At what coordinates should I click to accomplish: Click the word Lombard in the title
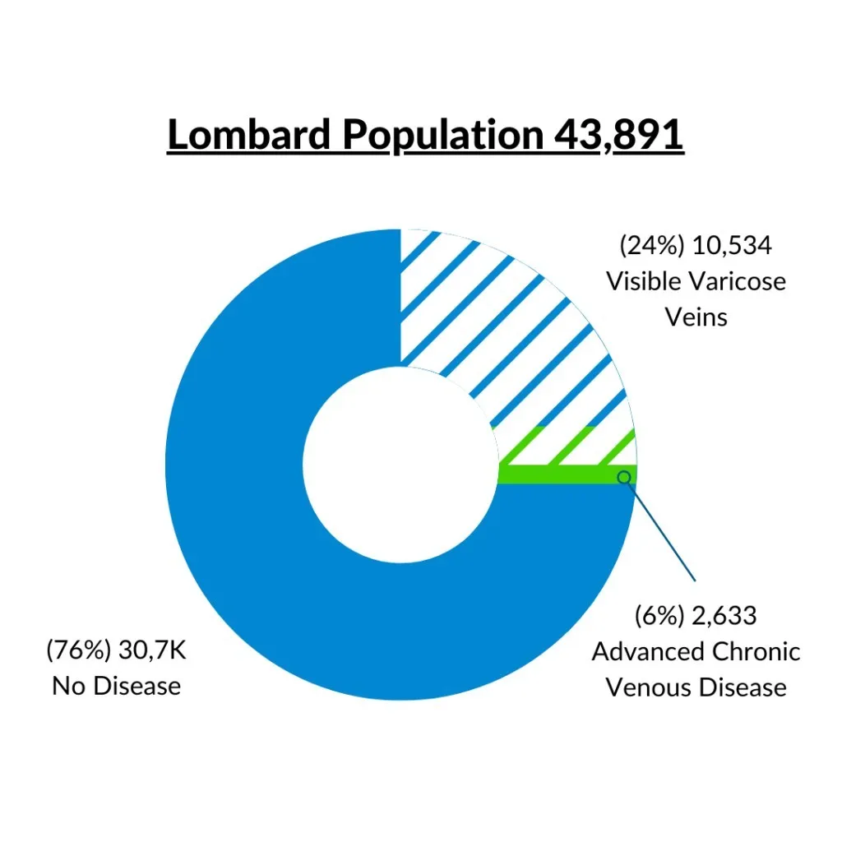249,134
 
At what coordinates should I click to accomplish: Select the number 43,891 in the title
619,135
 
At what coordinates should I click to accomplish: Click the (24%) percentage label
652,245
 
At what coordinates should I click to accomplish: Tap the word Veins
696,317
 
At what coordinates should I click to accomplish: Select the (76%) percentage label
79,650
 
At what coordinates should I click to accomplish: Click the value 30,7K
152,650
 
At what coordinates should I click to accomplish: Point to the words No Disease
117,686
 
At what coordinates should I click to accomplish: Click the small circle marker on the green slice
623,477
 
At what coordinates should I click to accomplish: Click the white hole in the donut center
400,465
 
